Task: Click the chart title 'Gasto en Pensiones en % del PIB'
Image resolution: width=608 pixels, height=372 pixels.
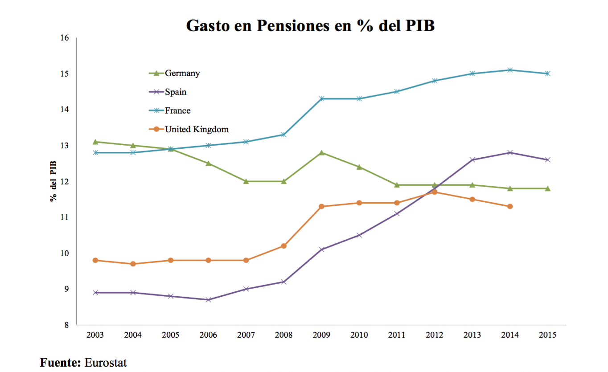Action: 310,25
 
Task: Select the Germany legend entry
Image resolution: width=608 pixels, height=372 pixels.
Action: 182,73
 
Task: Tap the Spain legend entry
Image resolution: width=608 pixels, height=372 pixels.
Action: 175,92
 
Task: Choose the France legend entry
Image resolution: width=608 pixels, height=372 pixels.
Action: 177,110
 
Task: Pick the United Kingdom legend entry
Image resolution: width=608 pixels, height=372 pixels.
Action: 196,129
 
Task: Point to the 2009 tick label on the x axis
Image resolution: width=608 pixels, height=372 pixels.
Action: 321,335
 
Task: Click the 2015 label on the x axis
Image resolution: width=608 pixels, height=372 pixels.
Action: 548,335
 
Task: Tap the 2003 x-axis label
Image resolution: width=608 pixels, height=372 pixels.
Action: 95,335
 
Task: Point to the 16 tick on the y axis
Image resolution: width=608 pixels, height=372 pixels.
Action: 65,38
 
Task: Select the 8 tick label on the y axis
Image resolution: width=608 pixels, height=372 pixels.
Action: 67,325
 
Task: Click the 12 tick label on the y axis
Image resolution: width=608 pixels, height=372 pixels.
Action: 65,181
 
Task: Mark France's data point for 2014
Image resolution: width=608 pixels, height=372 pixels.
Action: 510,70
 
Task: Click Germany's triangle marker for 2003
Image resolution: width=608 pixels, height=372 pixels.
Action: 95,142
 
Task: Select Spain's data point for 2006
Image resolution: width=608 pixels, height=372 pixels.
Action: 208,300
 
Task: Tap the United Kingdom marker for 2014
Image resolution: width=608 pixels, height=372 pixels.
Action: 510,206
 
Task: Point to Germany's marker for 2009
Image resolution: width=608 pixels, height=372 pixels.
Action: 321,152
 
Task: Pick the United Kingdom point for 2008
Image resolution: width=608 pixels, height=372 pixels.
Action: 283,246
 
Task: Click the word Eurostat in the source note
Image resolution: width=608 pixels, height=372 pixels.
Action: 106,363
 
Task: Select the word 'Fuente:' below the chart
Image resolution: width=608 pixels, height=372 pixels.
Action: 61,363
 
